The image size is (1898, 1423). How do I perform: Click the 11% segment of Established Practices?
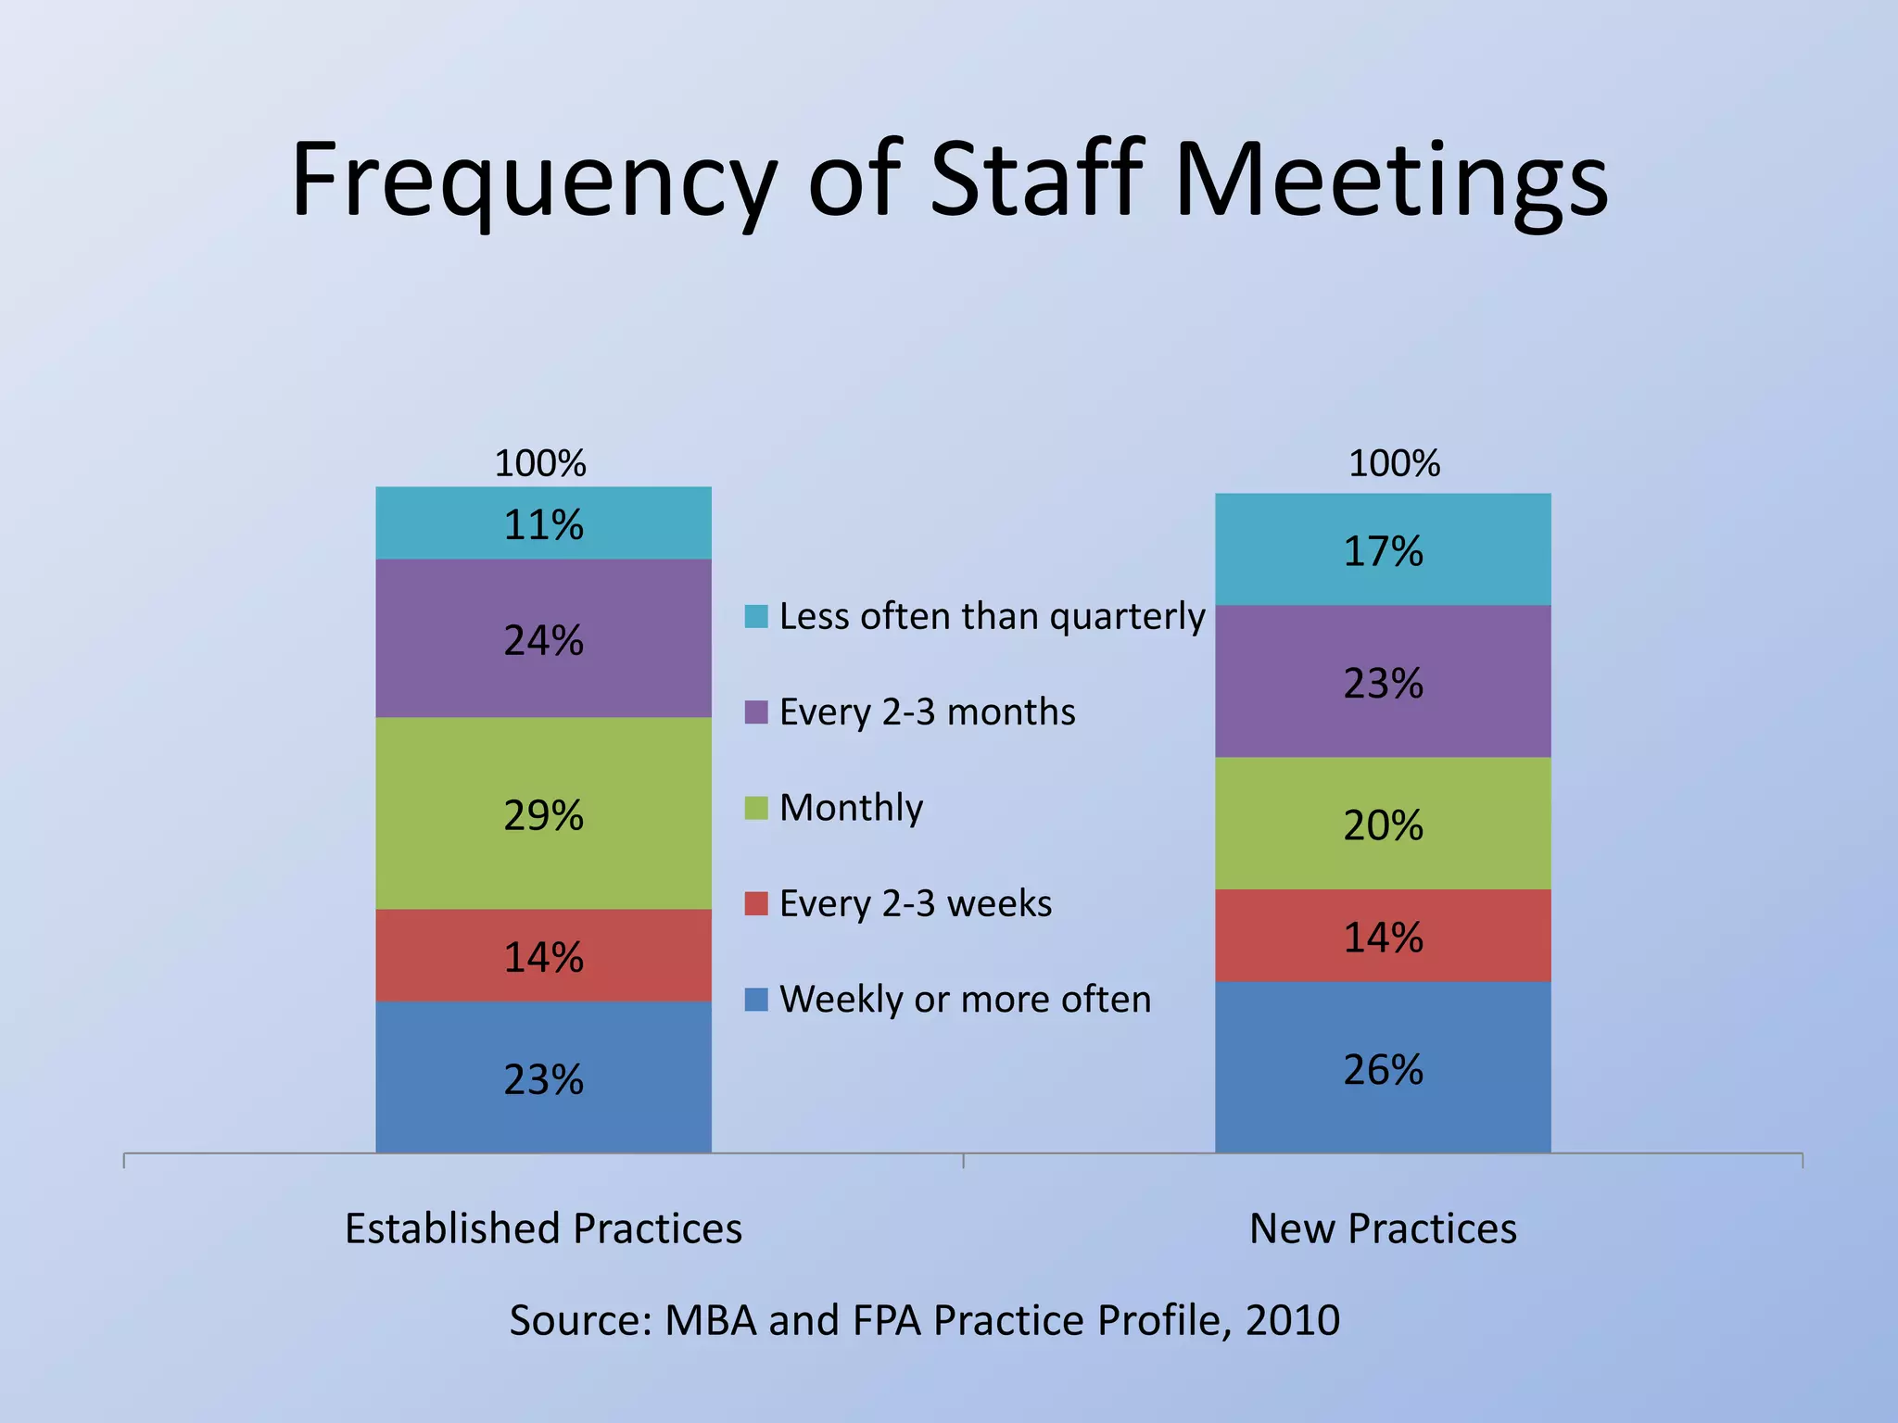pyautogui.click(x=543, y=523)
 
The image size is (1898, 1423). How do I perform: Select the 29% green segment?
pyautogui.click(x=543, y=814)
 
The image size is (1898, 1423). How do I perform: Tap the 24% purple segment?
pyautogui.click(x=543, y=639)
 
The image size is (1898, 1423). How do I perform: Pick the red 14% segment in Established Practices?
pyautogui.click(x=543, y=956)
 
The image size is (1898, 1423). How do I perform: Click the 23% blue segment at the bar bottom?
pyautogui.click(x=543, y=1078)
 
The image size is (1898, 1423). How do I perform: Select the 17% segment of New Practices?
pyautogui.click(x=1383, y=550)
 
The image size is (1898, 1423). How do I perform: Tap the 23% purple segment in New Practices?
pyautogui.click(x=1383, y=683)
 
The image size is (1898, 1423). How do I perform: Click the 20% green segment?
pyautogui.click(x=1383, y=825)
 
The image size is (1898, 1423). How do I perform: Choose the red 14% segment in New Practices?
pyautogui.click(x=1383, y=937)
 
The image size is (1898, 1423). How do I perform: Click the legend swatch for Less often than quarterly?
pyautogui.click(x=756, y=617)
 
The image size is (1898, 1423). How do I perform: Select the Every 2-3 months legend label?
pyautogui.click(x=927, y=712)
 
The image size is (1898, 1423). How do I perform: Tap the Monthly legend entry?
pyautogui.click(x=851, y=808)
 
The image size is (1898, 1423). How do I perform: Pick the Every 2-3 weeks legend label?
pyautogui.click(x=916, y=903)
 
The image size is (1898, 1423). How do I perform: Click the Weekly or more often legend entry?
pyautogui.click(x=965, y=1000)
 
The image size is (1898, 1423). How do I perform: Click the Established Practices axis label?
pyautogui.click(x=543, y=1228)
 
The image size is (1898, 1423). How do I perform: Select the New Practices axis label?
pyautogui.click(x=1383, y=1228)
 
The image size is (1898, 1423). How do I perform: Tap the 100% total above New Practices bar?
pyautogui.click(x=1394, y=463)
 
